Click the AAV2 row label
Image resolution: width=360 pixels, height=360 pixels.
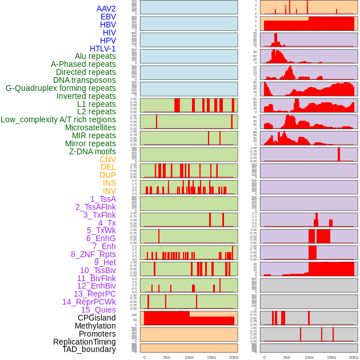[x=106, y=9]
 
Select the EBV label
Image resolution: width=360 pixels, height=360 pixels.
[x=108, y=17]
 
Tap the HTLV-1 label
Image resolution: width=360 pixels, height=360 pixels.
[x=102, y=49]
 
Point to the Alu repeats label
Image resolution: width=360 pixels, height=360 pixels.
[x=95, y=56]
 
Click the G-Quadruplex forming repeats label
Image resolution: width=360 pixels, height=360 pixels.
[x=61, y=88]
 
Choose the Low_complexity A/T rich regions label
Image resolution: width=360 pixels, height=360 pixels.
[x=58, y=119]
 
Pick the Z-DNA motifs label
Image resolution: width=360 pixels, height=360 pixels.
[x=92, y=151]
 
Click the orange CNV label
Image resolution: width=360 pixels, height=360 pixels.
[x=107, y=159]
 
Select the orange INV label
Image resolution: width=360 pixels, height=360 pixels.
[x=109, y=191]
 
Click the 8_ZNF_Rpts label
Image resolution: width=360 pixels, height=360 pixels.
[x=93, y=254]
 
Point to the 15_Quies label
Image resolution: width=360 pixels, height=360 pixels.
[x=98, y=310]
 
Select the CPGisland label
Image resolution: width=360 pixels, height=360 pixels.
[x=97, y=318]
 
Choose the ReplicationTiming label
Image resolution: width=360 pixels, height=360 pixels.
[x=85, y=342]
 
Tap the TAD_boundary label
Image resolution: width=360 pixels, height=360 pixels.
[x=89, y=349]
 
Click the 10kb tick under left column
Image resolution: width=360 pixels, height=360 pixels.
[x=189, y=357]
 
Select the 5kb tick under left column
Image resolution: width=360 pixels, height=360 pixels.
[x=167, y=357]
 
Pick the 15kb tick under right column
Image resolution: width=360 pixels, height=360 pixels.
[x=331, y=357]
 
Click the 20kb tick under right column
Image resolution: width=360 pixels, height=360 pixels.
[x=353, y=357]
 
